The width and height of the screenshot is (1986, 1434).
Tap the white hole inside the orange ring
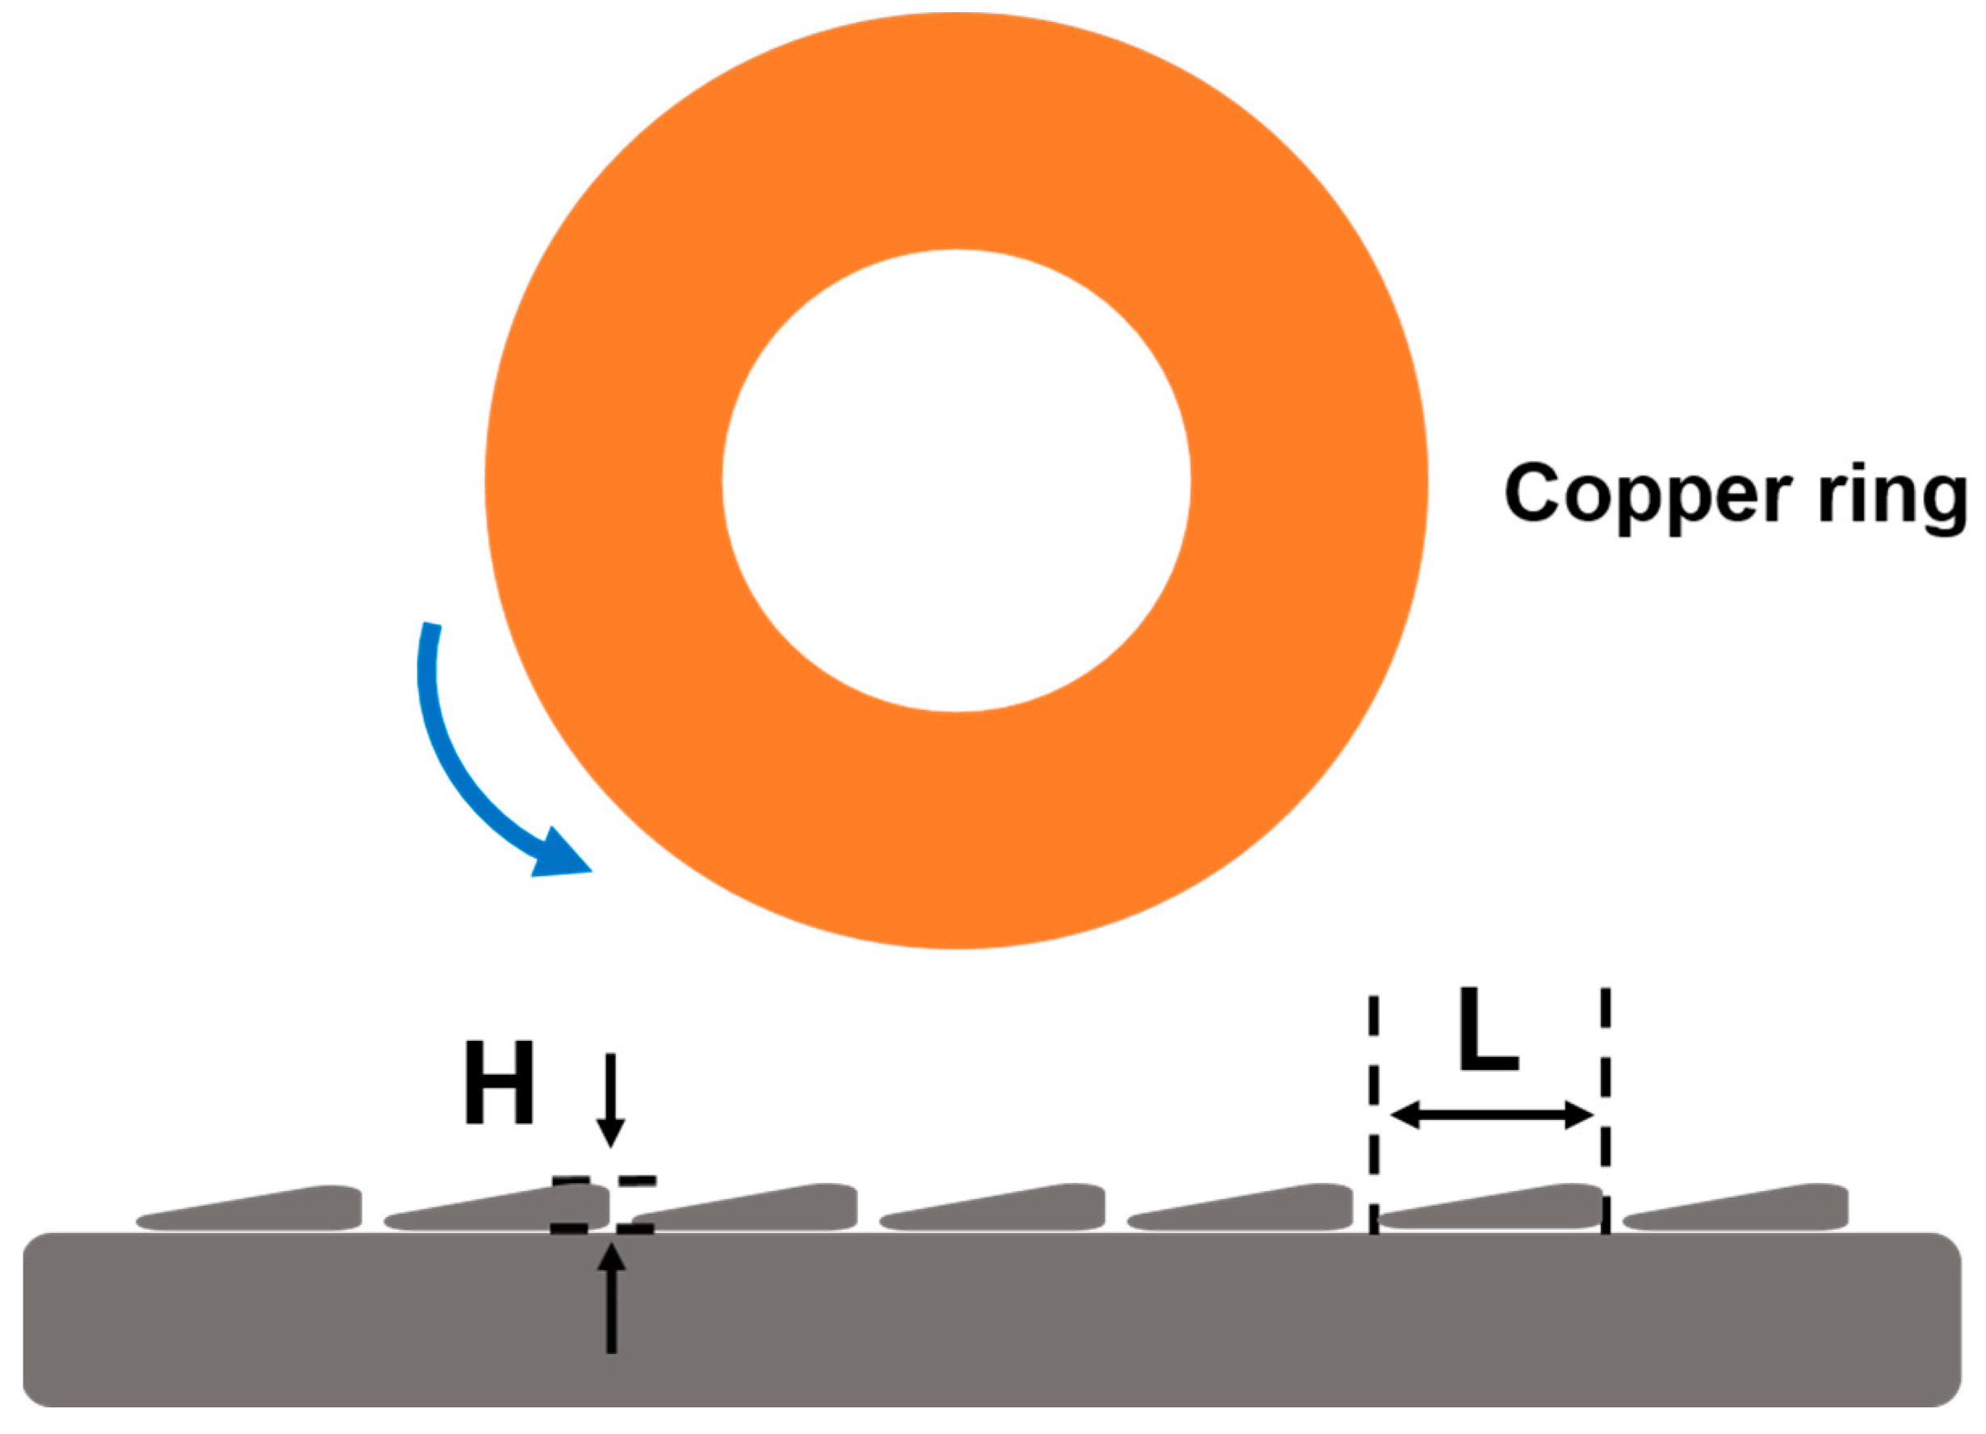click(955, 481)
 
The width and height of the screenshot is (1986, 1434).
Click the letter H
click(499, 1083)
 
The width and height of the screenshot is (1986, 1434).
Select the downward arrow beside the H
click(610, 1098)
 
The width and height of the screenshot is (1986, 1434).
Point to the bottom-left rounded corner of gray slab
click(40, 1390)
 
